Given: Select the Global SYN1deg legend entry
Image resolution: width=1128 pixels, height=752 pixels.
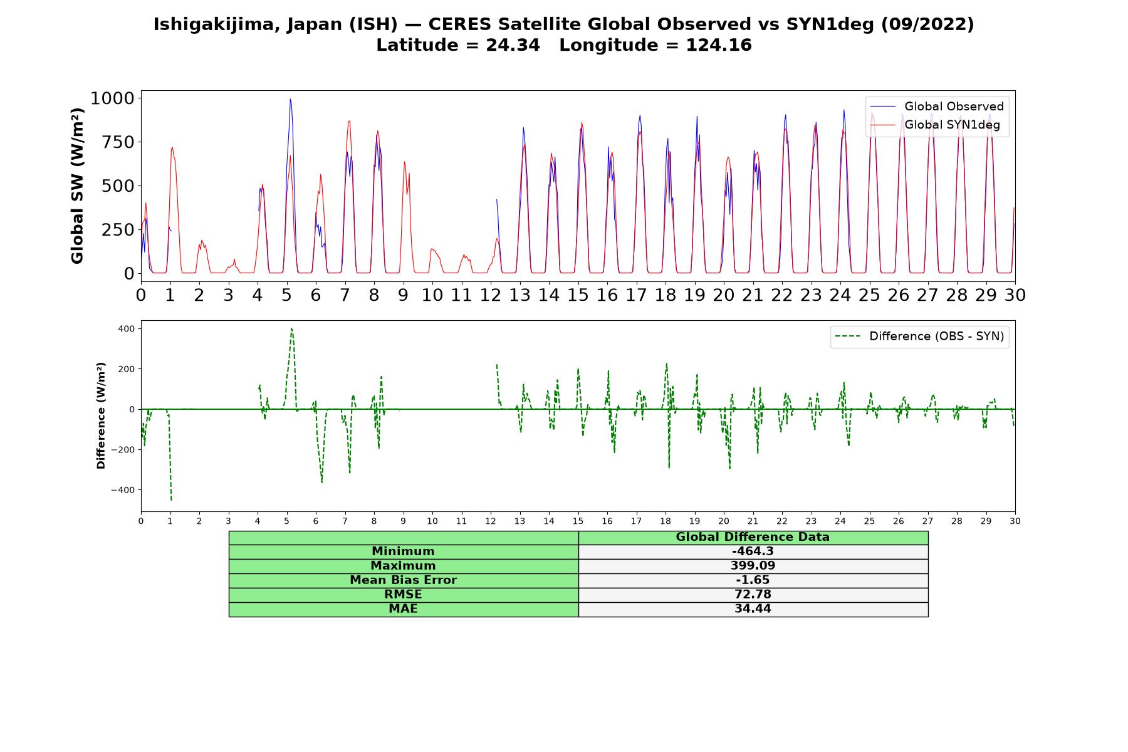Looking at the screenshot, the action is (935, 125).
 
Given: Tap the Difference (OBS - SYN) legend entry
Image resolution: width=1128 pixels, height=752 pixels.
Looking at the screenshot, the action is (919, 337).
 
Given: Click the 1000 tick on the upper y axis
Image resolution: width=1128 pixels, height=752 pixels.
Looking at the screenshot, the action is (113, 98).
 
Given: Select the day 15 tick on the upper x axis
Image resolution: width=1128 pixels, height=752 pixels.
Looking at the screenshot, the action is (578, 295).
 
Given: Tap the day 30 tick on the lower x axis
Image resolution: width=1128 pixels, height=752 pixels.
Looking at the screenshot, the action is (1015, 521).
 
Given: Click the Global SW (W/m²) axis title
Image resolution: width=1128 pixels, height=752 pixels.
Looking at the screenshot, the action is (77, 186).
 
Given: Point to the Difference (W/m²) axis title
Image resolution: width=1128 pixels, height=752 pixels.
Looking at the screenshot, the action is (101, 415).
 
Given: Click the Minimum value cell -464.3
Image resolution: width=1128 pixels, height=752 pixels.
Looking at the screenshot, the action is (753, 551).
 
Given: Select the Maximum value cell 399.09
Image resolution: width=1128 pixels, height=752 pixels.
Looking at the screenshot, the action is (753, 566).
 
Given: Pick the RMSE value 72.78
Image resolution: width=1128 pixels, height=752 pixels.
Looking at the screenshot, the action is (753, 595).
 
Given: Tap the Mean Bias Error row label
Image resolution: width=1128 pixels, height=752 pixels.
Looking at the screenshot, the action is (403, 580).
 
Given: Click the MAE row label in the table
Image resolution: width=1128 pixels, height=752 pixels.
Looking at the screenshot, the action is (403, 609).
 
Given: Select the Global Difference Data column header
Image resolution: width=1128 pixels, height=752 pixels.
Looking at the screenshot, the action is (753, 537).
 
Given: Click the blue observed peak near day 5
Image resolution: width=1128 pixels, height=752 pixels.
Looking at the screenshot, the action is (290, 99).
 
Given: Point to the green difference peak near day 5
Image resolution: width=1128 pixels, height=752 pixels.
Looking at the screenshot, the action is (291, 328).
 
